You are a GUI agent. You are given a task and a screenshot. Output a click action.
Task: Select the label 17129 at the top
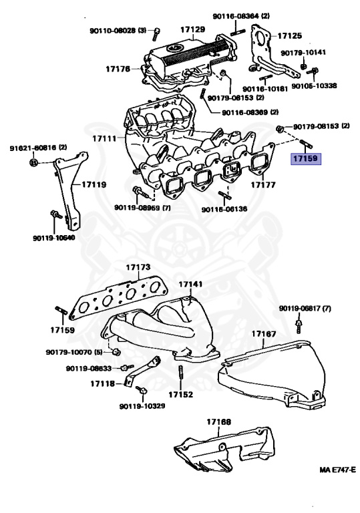192,30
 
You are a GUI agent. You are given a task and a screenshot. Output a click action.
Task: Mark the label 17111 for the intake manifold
104,138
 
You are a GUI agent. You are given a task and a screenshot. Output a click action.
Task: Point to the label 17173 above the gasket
138,267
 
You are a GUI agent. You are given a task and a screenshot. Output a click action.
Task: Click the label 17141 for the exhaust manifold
190,283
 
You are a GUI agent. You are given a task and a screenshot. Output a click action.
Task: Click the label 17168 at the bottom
218,422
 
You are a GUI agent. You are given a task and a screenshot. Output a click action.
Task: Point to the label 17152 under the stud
180,394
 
